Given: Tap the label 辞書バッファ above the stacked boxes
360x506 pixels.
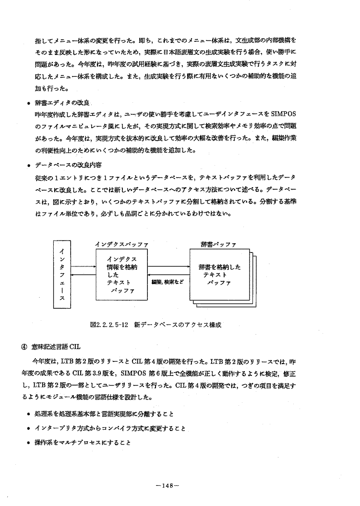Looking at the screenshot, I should [218, 244].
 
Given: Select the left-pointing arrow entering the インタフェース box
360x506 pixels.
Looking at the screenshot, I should [84, 274].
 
